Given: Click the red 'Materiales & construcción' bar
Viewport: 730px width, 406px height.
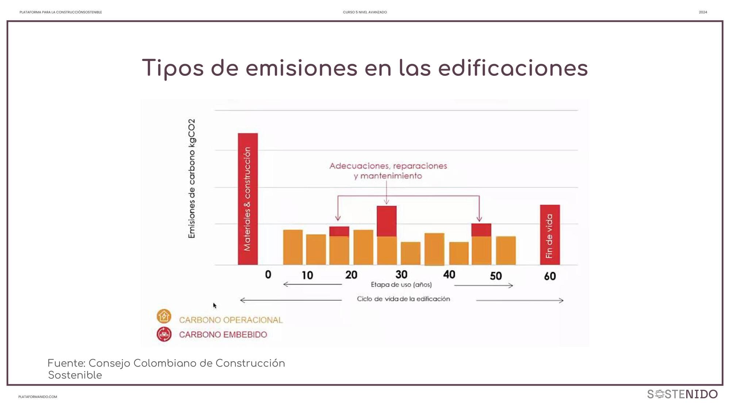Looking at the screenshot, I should pyautogui.click(x=248, y=199).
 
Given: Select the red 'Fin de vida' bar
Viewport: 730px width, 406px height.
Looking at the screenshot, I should pyautogui.click(x=550, y=235).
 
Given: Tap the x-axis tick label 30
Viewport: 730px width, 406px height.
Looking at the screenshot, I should pyautogui.click(x=401, y=274).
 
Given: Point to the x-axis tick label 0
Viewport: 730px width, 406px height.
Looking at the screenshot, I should pyautogui.click(x=268, y=274).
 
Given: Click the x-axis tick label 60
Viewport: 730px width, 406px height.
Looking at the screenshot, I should pyautogui.click(x=550, y=276).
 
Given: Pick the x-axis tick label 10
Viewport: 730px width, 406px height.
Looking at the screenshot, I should pyautogui.click(x=307, y=275).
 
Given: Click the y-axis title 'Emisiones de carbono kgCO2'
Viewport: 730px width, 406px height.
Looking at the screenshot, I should pyautogui.click(x=192, y=178).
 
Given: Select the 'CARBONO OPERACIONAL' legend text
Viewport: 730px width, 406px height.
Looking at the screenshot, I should pyautogui.click(x=231, y=320).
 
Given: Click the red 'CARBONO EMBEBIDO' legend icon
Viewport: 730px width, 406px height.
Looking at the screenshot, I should pyautogui.click(x=164, y=334).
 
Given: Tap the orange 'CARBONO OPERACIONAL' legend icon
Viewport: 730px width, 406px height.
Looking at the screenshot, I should pyautogui.click(x=164, y=316).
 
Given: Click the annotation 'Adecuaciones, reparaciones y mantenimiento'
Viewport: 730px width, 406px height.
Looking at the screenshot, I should pyautogui.click(x=388, y=171).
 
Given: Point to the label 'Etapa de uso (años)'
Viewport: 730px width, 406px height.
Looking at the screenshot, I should pyautogui.click(x=401, y=285).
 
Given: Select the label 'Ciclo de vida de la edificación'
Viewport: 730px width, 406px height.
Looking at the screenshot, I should pyautogui.click(x=403, y=299).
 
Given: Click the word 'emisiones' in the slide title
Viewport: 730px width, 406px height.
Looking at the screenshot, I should pyautogui.click(x=301, y=68).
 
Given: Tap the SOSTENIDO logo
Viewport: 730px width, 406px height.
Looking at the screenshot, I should pyautogui.click(x=682, y=394).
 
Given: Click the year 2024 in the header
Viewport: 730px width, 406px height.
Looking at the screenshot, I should pyautogui.click(x=703, y=12).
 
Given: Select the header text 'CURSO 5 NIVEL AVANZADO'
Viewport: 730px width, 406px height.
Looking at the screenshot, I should pyautogui.click(x=365, y=12).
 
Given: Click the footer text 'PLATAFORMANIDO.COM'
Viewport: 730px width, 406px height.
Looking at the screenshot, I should pyautogui.click(x=38, y=397).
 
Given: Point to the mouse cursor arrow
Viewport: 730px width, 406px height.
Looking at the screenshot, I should pyautogui.click(x=215, y=305).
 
